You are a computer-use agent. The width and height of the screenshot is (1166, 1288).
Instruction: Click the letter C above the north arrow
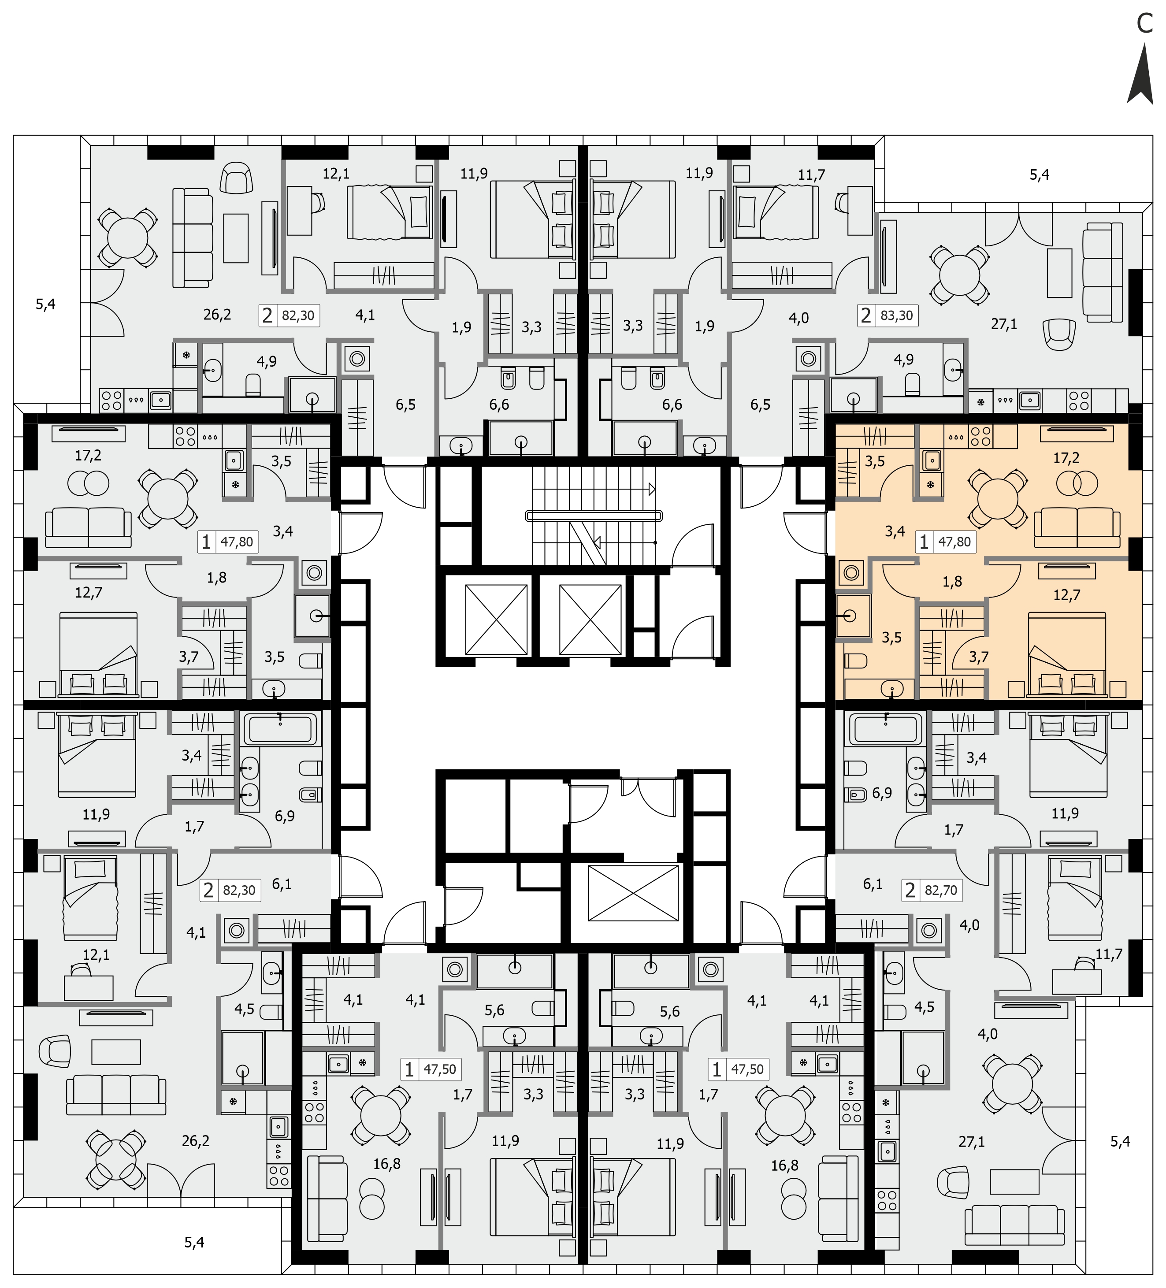click(x=1144, y=24)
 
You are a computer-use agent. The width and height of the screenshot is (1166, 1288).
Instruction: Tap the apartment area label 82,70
click(x=941, y=890)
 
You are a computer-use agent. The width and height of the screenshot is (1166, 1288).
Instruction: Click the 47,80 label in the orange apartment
click(x=954, y=542)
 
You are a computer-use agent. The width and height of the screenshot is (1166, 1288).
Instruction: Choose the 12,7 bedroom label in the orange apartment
click(x=1066, y=595)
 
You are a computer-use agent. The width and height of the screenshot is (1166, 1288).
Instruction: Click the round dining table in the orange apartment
click(x=997, y=497)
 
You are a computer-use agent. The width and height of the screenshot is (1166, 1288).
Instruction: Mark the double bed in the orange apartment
click(x=1067, y=653)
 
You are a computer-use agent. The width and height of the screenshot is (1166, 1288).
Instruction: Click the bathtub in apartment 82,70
click(x=885, y=728)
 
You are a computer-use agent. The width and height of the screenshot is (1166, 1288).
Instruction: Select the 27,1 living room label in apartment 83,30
click(x=1004, y=325)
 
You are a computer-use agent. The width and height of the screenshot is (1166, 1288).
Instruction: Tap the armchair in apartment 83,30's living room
click(x=1058, y=334)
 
